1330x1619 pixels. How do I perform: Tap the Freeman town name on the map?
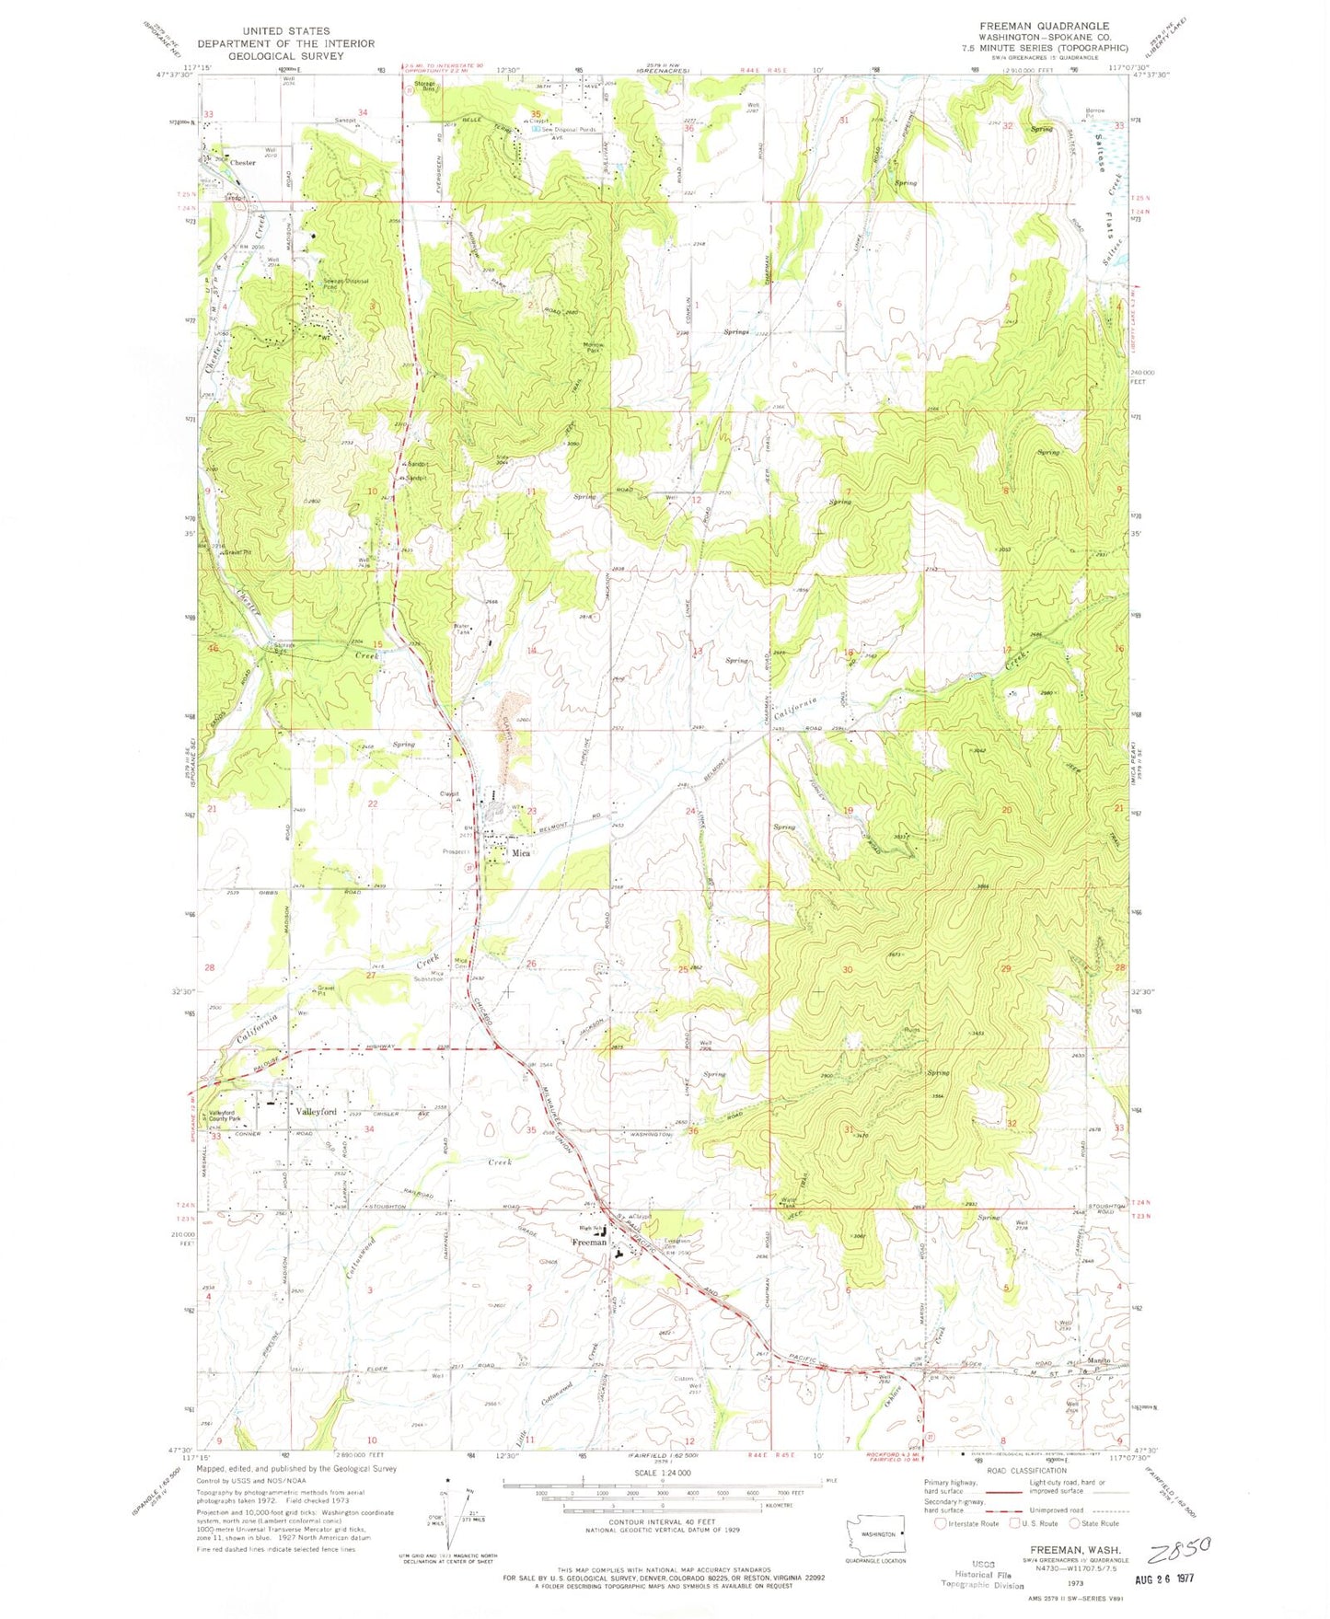[x=589, y=1242]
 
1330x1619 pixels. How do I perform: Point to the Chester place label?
[x=242, y=163]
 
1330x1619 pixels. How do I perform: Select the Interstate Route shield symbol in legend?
[x=941, y=1523]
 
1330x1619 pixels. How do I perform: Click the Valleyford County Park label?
[x=227, y=1116]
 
